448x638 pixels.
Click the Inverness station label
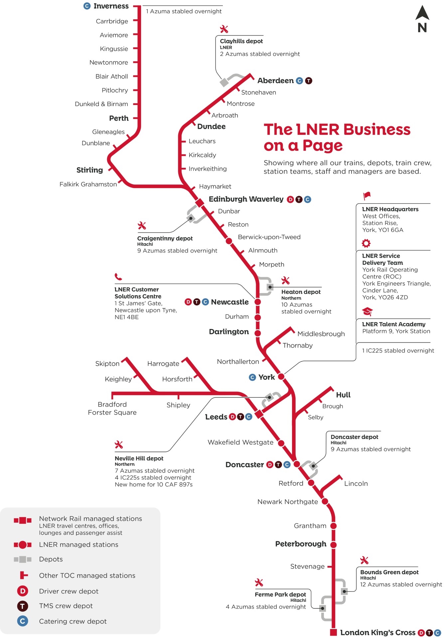tap(111, 6)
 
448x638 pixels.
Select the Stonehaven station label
tap(258, 92)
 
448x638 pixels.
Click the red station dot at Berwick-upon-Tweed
tap(229, 241)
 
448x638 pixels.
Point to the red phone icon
tap(118, 276)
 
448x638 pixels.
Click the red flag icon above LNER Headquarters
tap(367, 196)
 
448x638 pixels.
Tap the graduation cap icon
tap(367, 312)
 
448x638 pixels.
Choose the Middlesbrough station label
tap(321, 334)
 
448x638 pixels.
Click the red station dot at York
tap(281, 376)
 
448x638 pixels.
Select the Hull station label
tap(343, 395)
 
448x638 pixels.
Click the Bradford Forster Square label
tap(112, 408)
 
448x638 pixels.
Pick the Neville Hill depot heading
tap(139, 458)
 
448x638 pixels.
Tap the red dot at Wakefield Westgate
tap(281, 443)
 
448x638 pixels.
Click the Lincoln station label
tap(356, 483)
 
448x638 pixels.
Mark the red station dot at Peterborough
tap(334, 545)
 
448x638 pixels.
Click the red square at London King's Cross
tap(333, 632)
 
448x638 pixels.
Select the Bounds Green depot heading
tap(389, 572)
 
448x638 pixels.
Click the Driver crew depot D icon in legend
tap(23, 591)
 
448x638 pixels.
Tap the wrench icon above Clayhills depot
tap(224, 29)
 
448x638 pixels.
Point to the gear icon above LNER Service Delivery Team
tap(366, 243)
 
